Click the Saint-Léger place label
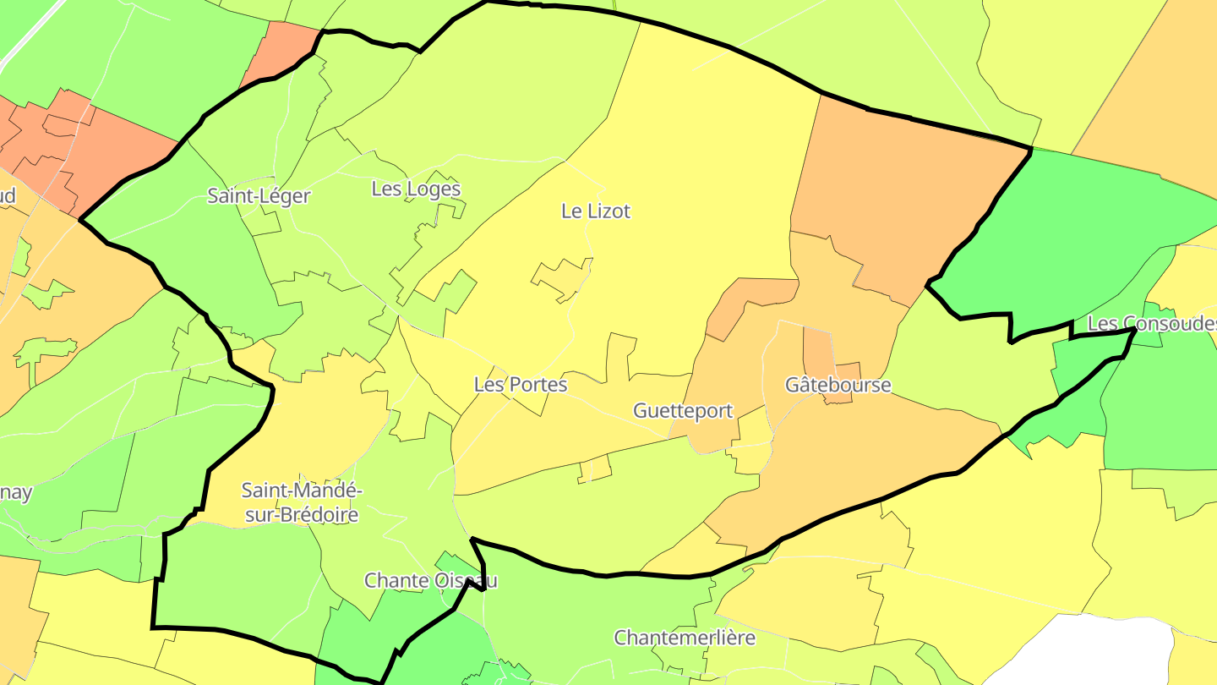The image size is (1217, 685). [x=259, y=196]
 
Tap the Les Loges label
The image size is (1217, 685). [x=416, y=189]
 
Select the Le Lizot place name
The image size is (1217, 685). [x=596, y=211]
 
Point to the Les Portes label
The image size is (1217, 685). [x=521, y=385]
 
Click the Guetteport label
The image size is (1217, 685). [x=683, y=411]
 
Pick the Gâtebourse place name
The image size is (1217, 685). [x=838, y=386]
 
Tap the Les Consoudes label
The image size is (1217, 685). [x=1151, y=324]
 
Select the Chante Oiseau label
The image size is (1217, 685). [x=430, y=581]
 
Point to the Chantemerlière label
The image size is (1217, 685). [x=685, y=638]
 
